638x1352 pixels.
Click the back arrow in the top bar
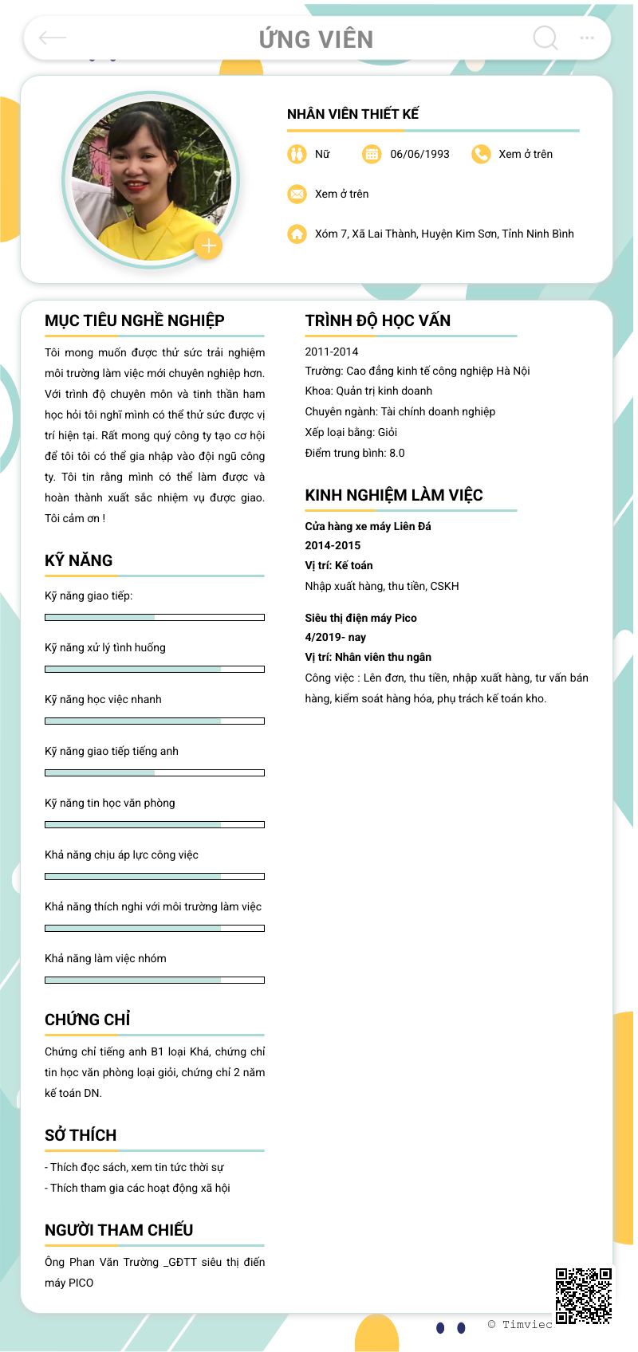click(x=53, y=37)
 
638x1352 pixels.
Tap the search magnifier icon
click(x=545, y=37)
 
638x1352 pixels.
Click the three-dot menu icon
click(x=587, y=37)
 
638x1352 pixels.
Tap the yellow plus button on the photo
click(x=208, y=246)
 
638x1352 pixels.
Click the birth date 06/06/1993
click(x=419, y=154)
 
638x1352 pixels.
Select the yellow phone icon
click(x=481, y=154)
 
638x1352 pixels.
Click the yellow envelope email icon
click(x=297, y=194)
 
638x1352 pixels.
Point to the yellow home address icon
click(x=297, y=234)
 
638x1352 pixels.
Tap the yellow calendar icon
click(x=372, y=154)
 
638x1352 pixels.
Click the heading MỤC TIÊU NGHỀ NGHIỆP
click(x=135, y=320)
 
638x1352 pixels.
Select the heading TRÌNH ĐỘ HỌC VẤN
click(x=377, y=320)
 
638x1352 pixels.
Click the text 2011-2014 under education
click(x=332, y=352)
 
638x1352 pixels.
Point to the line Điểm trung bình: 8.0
click(x=355, y=453)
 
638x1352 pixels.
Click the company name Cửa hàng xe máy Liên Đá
click(x=368, y=526)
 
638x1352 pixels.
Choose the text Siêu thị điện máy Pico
click(x=360, y=618)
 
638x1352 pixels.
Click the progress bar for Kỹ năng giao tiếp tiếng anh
click(x=155, y=772)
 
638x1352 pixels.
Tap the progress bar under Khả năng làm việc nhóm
click(x=155, y=980)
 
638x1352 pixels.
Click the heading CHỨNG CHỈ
click(x=87, y=1020)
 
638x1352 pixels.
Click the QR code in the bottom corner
click(x=584, y=1296)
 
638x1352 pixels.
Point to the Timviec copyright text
click(x=520, y=1324)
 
